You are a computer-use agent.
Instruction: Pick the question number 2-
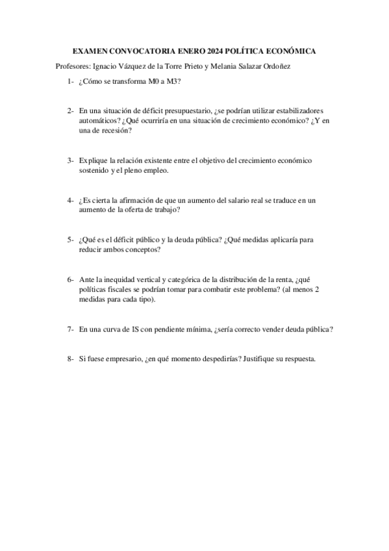[x=70, y=111]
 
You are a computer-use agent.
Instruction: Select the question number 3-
[x=70, y=160]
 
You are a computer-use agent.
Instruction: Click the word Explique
[x=94, y=160]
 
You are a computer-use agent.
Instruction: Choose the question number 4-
[x=70, y=200]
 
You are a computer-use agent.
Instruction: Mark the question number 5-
[x=70, y=240]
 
